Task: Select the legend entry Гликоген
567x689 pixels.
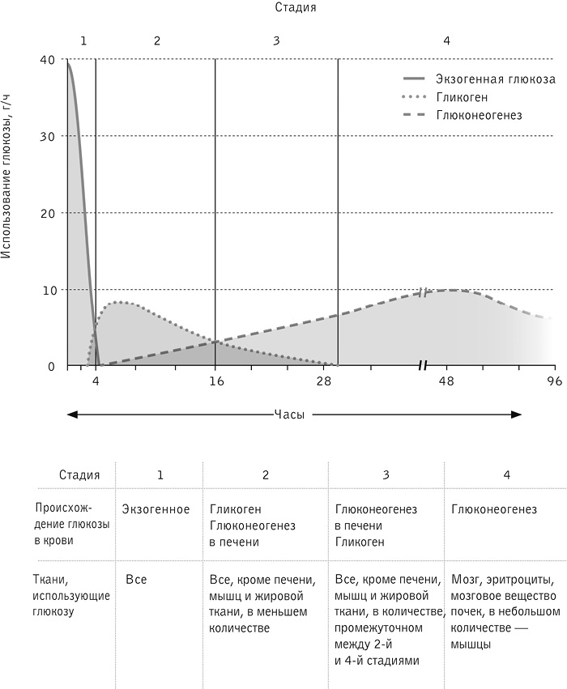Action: point(461,97)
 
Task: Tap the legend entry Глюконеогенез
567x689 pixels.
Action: point(478,115)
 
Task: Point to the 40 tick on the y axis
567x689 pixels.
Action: point(49,59)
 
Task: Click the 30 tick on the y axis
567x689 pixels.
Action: point(49,136)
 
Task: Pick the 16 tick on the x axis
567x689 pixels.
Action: point(215,381)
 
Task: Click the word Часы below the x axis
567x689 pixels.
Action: point(289,414)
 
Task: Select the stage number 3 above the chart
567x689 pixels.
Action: point(276,40)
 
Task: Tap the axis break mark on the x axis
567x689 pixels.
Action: point(422,366)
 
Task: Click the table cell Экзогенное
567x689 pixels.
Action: point(156,509)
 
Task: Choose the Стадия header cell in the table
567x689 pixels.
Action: point(79,475)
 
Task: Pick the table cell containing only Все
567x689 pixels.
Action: point(136,580)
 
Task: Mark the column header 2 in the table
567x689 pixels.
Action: point(266,475)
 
